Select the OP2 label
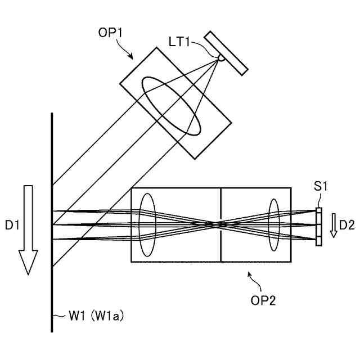point(263,299)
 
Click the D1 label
point(13,225)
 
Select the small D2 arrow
point(333,226)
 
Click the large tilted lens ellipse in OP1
point(171,106)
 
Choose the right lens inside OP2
point(274,224)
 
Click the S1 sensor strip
point(319,227)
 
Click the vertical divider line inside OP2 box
point(221,225)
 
